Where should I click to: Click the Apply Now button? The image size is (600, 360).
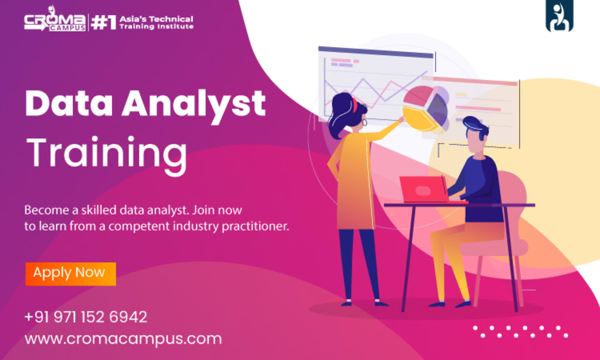[70, 273]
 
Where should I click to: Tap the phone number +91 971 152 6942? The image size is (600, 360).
[86, 317]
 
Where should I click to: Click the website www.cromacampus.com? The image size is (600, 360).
[123, 339]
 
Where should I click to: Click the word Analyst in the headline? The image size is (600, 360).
[193, 104]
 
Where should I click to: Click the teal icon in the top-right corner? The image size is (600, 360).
[560, 16]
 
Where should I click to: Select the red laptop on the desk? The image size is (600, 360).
[424, 189]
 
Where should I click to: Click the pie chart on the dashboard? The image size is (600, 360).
[426, 109]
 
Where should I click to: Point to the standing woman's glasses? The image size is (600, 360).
[364, 122]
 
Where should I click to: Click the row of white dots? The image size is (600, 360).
[520, 331]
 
